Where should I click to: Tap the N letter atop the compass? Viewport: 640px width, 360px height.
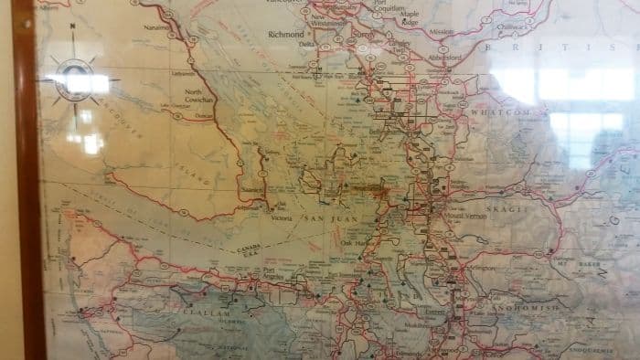point(71,27)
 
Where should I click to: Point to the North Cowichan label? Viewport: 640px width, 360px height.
point(199,95)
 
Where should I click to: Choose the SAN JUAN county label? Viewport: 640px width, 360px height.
point(326,220)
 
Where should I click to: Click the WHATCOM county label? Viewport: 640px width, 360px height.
point(502,111)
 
